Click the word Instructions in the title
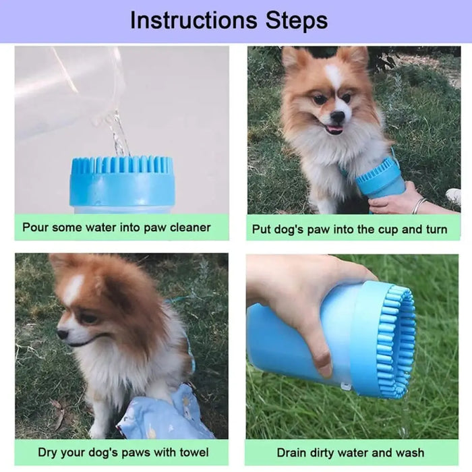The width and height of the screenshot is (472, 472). [191, 20]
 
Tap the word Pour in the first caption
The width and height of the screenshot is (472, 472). [36, 227]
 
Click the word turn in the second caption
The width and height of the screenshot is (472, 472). [435, 229]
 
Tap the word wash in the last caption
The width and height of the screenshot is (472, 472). [409, 452]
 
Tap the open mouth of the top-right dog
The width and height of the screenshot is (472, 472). [334, 129]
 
